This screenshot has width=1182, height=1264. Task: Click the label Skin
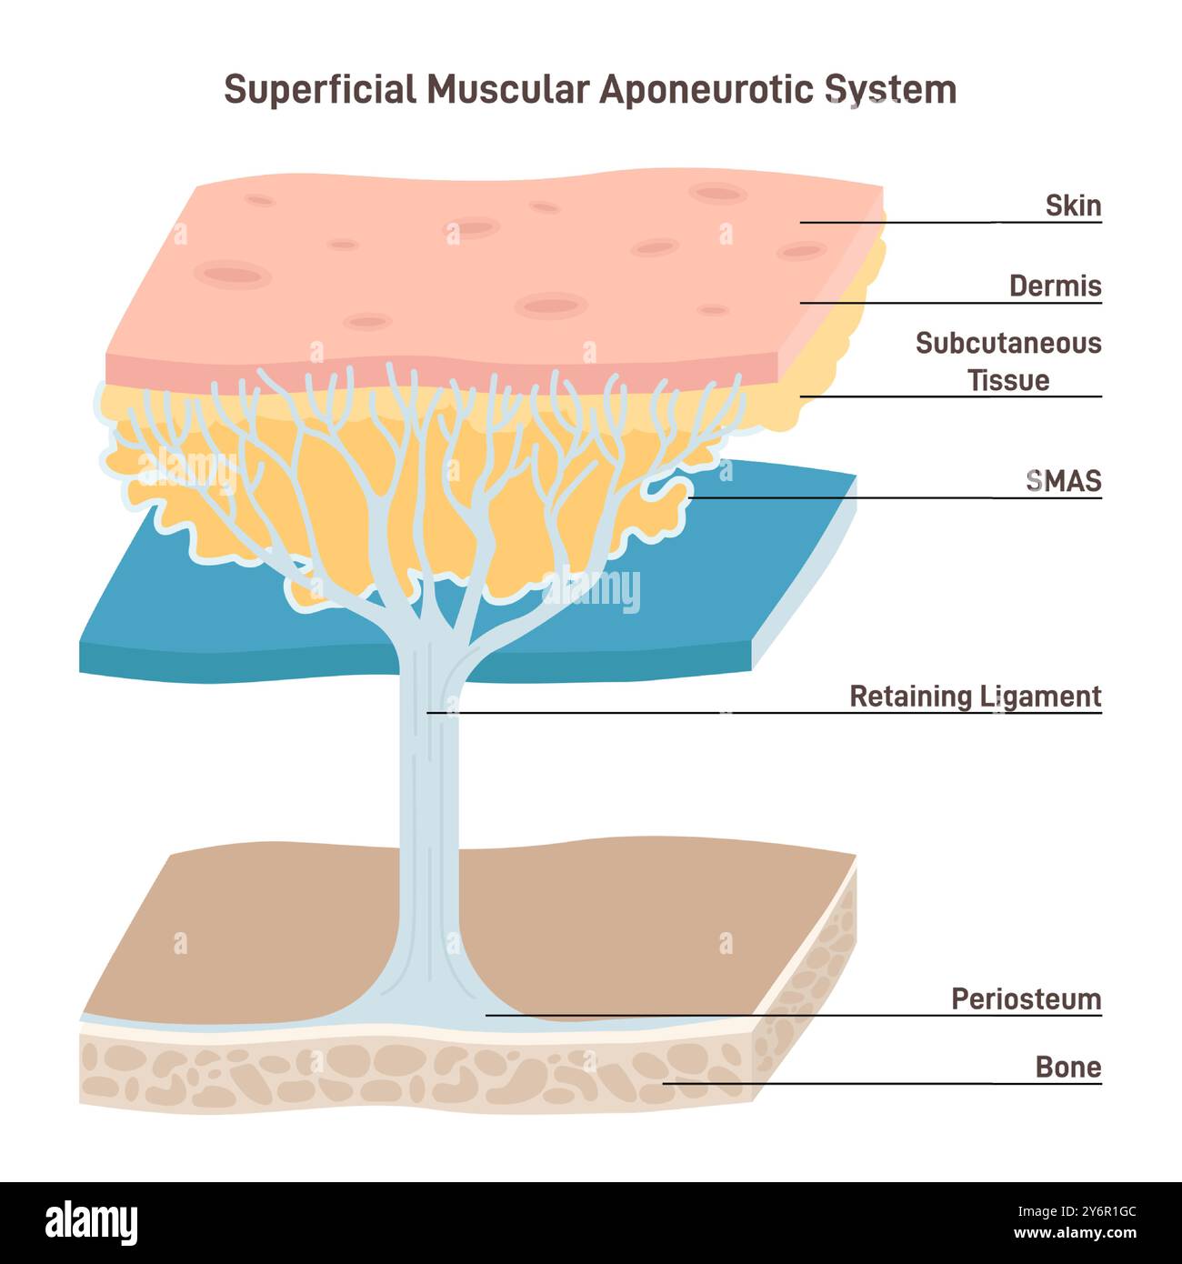pyautogui.click(x=1073, y=206)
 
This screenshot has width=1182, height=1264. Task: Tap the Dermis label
pyautogui.click(x=1055, y=286)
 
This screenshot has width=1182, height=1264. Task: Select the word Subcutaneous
pyautogui.click(x=1007, y=344)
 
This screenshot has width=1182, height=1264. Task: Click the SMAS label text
pyautogui.click(x=1063, y=481)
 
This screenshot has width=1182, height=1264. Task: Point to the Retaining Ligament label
pyautogui.click(x=975, y=697)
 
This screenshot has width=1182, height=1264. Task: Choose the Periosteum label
pyautogui.click(x=1026, y=999)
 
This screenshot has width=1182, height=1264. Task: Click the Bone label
pyautogui.click(x=1068, y=1067)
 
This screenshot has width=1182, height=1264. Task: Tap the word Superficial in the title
pyautogui.click(x=319, y=90)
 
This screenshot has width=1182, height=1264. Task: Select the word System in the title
pyautogui.click(x=891, y=90)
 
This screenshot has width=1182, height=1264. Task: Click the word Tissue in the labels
pyautogui.click(x=1007, y=380)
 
